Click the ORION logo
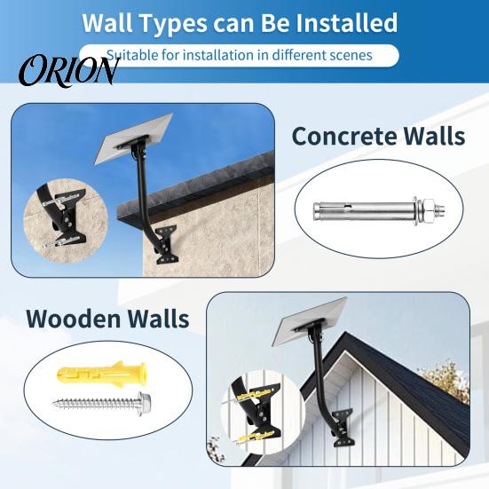click(69, 70)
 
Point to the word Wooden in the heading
click(74, 319)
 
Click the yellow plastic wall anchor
click(101, 373)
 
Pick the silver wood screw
click(102, 402)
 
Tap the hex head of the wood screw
click(144, 399)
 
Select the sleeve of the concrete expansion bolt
click(364, 209)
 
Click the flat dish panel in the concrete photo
click(133, 138)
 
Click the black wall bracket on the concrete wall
click(166, 244)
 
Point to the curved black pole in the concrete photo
click(144, 193)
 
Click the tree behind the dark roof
click(446, 381)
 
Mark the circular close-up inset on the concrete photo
click(66, 221)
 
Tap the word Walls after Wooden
click(159, 319)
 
